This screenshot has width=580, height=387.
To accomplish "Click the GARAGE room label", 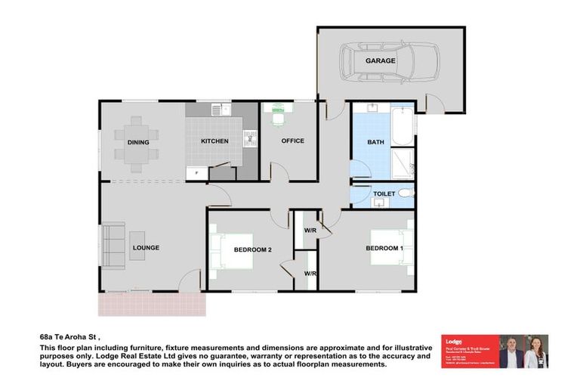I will pyautogui.click(x=381, y=60).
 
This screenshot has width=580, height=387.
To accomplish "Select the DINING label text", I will pyautogui.click(x=138, y=142).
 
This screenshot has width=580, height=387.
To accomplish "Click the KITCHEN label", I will pyautogui.click(x=214, y=141).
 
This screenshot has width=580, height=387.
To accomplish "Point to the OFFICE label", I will pyautogui.click(x=292, y=141).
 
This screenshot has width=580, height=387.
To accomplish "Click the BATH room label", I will pyautogui.click(x=375, y=141).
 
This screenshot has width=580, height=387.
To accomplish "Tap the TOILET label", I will pyautogui.click(x=384, y=194).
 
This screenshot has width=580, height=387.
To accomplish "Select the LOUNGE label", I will pyautogui.click(x=146, y=247).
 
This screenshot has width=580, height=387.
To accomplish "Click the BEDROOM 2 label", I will pyautogui.click(x=252, y=249).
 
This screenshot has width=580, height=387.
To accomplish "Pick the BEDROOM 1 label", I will pyautogui.click(x=384, y=249).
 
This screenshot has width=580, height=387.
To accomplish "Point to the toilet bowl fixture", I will pyautogui.click(x=405, y=193).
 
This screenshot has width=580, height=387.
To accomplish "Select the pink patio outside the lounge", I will pyautogui.click(x=152, y=304).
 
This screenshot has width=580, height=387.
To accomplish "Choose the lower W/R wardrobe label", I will pyautogui.click(x=310, y=273).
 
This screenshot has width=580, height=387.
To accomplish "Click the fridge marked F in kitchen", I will pyautogui.click(x=196, y=173).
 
